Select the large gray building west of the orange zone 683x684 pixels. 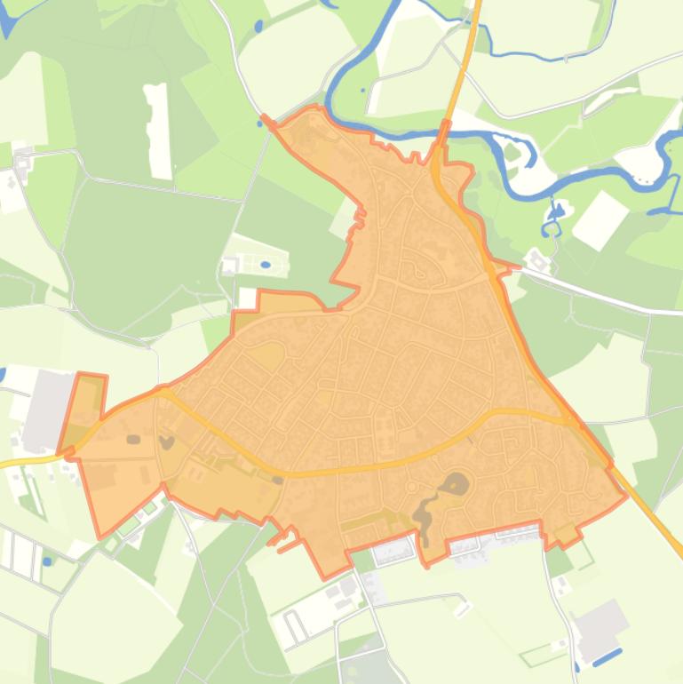point(49,409)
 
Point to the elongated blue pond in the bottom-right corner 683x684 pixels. point(608,657)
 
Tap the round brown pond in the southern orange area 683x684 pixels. point(456,484)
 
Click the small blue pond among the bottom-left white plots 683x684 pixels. point(47,561)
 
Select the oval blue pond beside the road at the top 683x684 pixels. point(258,27)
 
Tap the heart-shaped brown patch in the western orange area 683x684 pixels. point(166,441)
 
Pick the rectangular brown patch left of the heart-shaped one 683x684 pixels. point(133,439)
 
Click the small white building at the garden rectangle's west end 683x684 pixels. point(229,265)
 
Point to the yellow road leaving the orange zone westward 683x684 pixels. point(27,461)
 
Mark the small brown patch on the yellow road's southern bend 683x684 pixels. point(278,480)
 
